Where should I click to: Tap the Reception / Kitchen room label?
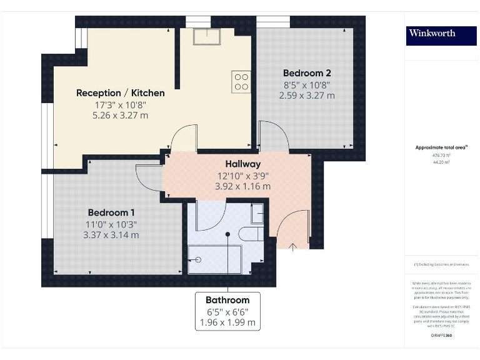(121, 93)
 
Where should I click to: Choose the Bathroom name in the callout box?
(227, 300)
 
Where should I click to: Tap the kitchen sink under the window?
(207, 37)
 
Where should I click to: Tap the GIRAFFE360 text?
(441, 336)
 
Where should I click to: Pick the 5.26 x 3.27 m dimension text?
(121, 115)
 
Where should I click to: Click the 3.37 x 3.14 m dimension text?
(111, 235)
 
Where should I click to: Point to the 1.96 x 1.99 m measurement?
(227, 322)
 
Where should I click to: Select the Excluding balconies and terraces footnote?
(441, 265)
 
